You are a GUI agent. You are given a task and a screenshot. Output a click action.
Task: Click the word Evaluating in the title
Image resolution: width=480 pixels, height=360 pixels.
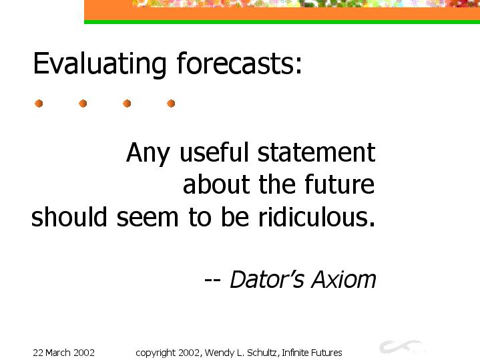(x=99, y=64)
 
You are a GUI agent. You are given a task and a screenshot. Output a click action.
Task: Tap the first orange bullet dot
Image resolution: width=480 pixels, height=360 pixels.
(x=39, y=104)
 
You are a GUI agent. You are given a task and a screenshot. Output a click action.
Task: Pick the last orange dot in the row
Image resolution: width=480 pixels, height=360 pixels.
(x=171, y=104)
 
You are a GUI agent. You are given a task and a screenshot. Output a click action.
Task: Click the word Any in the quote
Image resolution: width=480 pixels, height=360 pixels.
(x=148, y=153)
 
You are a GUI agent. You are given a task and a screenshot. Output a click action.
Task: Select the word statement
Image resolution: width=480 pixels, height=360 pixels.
(x=316, y=152)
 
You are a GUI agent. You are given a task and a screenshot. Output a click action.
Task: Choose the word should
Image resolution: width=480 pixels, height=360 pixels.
(x=69, y=216)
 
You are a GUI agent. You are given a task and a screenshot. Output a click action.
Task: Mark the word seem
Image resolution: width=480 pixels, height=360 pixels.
(x=148, y=218)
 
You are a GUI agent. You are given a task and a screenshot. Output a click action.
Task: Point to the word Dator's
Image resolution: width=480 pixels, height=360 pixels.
(x=267, y=279)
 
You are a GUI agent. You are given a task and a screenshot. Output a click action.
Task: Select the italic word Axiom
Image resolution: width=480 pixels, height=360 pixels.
(x=344, y=279)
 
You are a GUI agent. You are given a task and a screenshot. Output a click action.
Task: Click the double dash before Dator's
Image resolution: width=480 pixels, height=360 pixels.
(x=212, y=280)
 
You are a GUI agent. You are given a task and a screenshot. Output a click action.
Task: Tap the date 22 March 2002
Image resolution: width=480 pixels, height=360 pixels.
(x=63, y=353)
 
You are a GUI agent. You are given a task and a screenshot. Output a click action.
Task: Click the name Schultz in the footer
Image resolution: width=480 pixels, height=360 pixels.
(x=263, y=353)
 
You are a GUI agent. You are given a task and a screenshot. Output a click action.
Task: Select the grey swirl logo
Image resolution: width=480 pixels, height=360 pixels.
(x=402, y=347)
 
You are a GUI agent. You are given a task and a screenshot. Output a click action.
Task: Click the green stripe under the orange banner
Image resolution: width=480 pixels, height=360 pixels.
(x=282, y=22)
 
